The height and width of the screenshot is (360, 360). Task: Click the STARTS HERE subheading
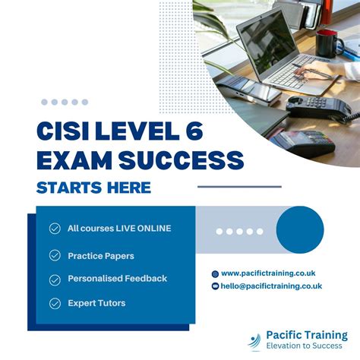(x=93, y=187)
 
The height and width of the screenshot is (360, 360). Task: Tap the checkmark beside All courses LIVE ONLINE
(x=55, y=229)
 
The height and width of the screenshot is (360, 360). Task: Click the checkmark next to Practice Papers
(x=55, y=255)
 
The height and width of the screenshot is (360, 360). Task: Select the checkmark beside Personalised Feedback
(x=55, y=279)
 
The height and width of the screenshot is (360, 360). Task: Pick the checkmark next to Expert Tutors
(x=55, y=304)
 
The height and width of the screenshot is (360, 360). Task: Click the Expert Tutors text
(x=96, y=304)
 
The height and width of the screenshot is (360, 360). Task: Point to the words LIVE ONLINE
(x=144, y=229)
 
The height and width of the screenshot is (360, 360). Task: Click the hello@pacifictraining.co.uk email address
(x=271, y=286)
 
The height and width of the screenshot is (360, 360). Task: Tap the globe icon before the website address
(x=215, y=273)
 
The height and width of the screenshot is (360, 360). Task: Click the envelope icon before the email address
(x=215, y=286)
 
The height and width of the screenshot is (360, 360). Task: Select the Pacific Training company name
(x=307, y=335)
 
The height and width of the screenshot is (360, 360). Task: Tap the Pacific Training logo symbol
(x=256, y=340)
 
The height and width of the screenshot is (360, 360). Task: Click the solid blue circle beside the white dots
(x=300, y=229)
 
